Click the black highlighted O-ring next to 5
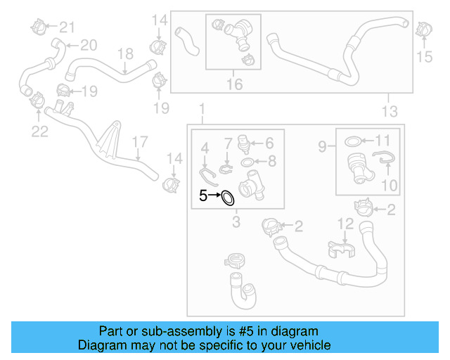pos(228,198)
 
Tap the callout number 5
pos(203,196)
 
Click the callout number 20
pos(88,46)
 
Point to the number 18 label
pos(124,53)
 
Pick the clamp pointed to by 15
pos(423,30)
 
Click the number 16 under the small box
pos(234,84)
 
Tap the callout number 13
pos(389,111)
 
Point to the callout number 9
pos(323,147)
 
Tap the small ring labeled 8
pos(248,163)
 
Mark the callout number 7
pos(228,144)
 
